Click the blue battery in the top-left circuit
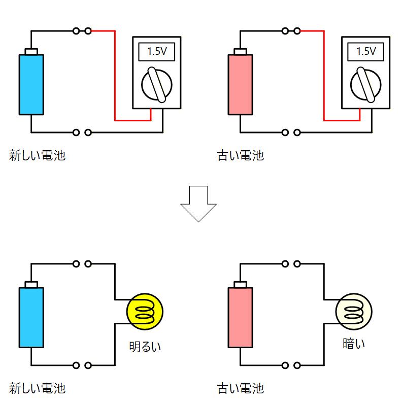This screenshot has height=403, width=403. (x=31, y=84)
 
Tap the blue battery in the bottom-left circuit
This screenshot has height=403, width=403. (x=31, y=317)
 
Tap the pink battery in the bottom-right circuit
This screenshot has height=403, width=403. (x=241, y=317)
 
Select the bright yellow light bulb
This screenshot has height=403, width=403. (x=145, y=311)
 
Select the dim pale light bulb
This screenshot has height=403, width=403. (x=354, y=311)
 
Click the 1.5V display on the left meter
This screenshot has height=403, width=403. (x=156, y=51)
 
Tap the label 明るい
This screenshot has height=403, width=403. (x=145, y=347)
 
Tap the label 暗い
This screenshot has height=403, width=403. (x=354, y=344)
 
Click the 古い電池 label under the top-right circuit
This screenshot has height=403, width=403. (x=241, y=155)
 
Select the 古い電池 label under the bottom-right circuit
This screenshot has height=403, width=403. (x=241, y=389)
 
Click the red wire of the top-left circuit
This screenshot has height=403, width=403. (x=115, y=76)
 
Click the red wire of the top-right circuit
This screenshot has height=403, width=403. (x=324, y=76)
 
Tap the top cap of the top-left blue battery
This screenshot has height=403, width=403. (x=31, y=51)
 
